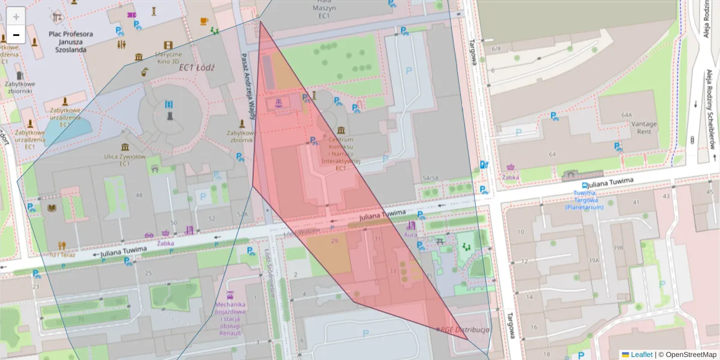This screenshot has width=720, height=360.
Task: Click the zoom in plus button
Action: coord(16,16)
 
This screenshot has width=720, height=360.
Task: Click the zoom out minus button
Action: coord(16,35)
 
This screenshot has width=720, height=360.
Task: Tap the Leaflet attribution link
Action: coord(641,355)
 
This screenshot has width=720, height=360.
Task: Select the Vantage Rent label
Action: coord(644,127)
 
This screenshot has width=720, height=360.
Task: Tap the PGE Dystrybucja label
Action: coord(465,329)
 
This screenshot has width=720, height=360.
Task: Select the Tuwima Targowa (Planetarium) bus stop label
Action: coord(584,200)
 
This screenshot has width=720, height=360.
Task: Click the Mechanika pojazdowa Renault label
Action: coord(230,318)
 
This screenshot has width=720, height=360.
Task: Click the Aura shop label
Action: coord(410,235)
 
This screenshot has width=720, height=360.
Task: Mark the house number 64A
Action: coord(627,114)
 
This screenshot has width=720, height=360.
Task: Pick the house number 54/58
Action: coord(430,178)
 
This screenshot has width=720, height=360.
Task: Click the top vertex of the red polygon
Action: coord(260,22)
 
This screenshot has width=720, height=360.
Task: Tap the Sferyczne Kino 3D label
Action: coord(168,57)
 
